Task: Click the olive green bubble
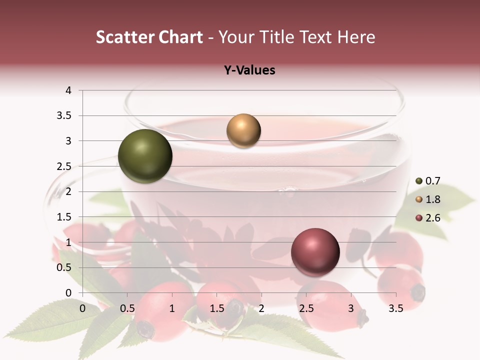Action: pyautogui.click(x=145, y=156)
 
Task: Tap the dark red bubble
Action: pyautogui.click(x=315, y=252)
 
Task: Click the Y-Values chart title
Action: pyautogui.click(x=249, y=70)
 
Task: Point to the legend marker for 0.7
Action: pyautogui.click(x=419, y=181)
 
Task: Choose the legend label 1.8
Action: pyautogui.click(x=432, y=199)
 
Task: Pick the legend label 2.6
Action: pyautogui.click(x=432, y=218)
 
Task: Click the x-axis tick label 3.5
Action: pyautogui.click(x=396, y=308)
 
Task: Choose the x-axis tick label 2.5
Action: pyautogui.click(x=306, y=308)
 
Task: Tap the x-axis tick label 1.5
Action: pyautogui.click(x=217, y=308)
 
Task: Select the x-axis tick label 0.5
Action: pyautogui.click(x=127, y=308)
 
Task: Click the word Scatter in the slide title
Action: pyautogui.click(x=124, y=37)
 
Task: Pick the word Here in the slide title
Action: pyautogui.click(x=355, y=37)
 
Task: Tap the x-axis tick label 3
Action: pyautogui.click(x=351, y=308)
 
